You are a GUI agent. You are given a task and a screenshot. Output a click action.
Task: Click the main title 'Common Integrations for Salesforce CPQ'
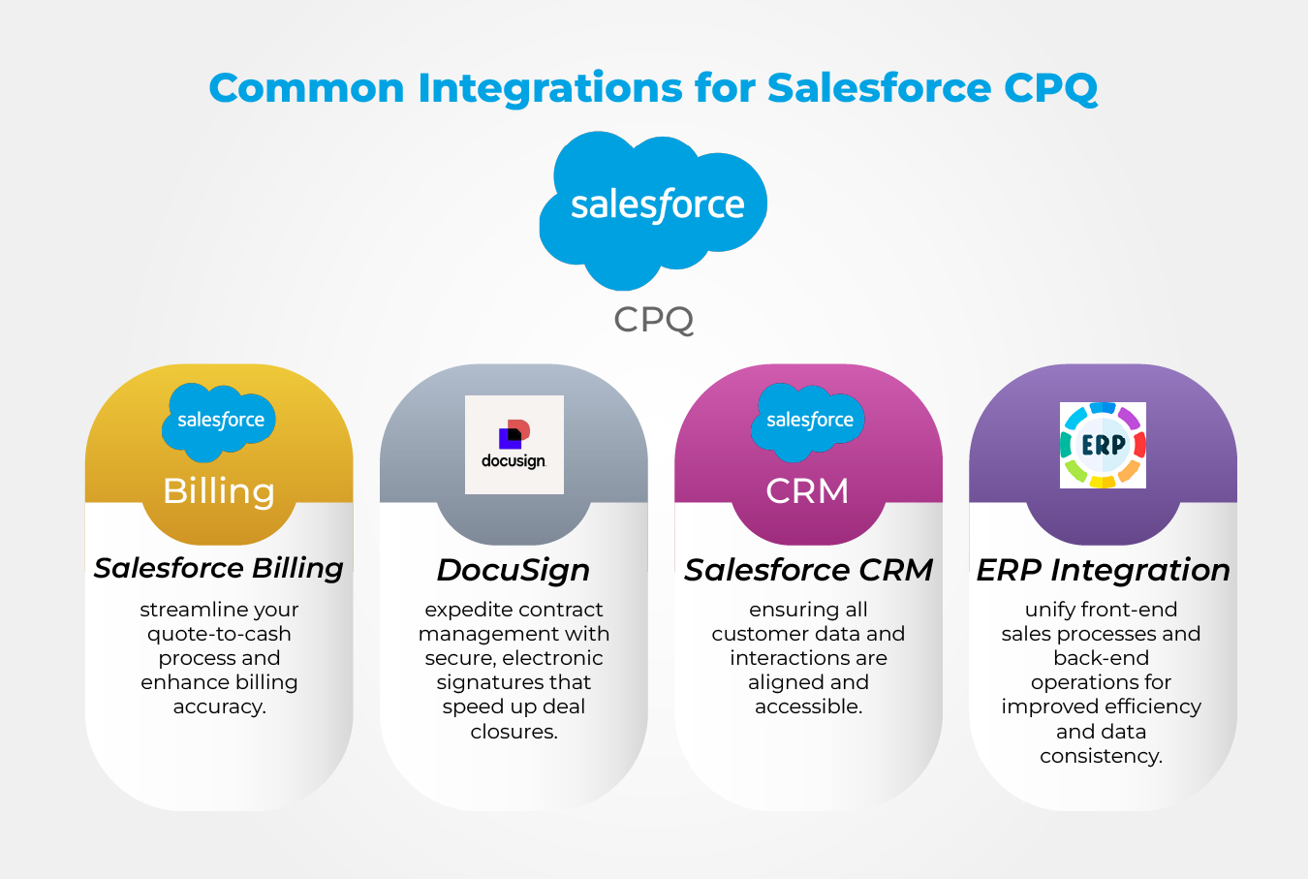pos(653,88)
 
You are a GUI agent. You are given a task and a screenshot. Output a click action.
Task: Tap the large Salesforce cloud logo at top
pos(654,207)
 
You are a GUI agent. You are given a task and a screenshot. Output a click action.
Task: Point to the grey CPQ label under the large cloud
pos(654,319)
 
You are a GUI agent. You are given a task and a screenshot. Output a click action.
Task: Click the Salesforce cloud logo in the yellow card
pos(220,421)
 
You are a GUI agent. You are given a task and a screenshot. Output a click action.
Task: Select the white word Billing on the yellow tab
pos(219,491)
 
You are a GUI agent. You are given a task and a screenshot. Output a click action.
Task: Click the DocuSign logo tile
pos(514,445)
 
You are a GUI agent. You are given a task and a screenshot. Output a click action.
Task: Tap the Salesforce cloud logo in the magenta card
pos(809,421)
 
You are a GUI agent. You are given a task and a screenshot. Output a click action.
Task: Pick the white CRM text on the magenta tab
pos(807,491)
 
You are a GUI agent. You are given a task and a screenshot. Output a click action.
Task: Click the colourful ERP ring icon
pos(1103,445)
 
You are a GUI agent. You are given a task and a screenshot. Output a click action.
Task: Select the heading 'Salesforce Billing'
pos(219,568)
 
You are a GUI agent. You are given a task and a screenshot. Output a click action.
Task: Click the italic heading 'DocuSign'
pos(514,570)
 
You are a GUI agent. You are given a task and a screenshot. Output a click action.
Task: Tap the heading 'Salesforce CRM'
pos(808,570)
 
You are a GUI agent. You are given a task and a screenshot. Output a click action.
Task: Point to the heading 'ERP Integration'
pos(1103,570)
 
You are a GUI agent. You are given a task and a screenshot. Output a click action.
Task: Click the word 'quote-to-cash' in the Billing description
pos(219,634)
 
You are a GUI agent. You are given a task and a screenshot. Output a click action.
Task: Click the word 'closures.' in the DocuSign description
pos(514,732)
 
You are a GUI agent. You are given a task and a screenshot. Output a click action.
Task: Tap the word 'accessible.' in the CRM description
pos(808,706)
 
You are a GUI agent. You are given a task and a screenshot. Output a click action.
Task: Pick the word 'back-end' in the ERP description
pos(1102,658)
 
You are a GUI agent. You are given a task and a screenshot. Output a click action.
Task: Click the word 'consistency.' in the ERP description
pos(1102,756)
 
